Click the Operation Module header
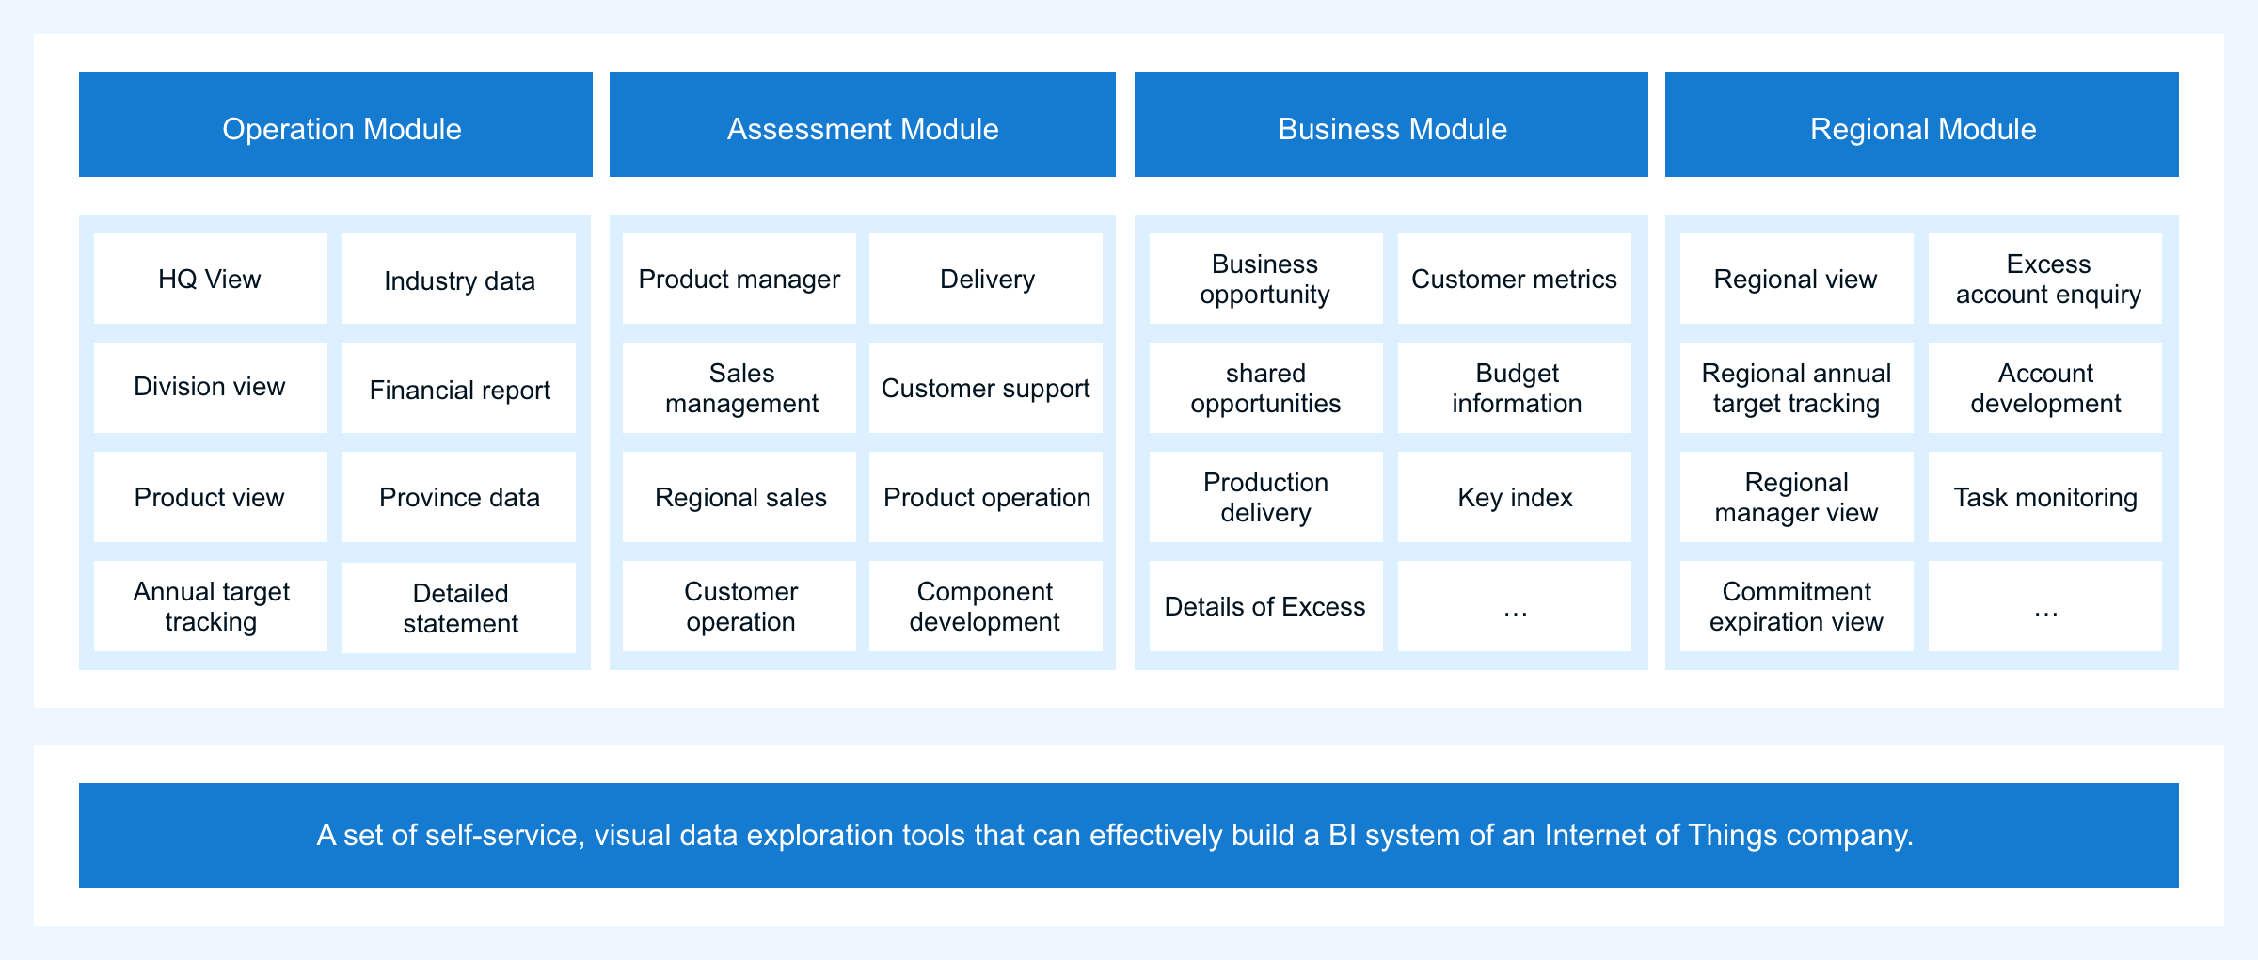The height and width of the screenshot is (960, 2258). [336, 124]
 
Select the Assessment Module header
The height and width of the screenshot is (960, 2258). [863, 124]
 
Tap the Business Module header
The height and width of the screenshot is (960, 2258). [1391, 124]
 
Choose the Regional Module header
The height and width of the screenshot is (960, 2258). [1922, 124]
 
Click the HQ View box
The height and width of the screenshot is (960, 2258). [211, 279]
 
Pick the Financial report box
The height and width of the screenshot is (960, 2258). [459, 388]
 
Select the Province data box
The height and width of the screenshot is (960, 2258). [459, 497]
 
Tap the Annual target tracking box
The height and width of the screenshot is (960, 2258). [211, 606]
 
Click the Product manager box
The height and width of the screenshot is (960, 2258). [739, 279]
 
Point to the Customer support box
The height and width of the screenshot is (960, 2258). [986, 388]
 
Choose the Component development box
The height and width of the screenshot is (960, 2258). [986, 606]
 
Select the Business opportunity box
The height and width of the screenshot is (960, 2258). [1266, 279]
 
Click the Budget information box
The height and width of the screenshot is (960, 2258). [1515, 388]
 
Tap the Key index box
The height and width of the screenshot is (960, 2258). [1515, 497]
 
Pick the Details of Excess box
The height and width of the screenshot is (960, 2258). [1266, 606]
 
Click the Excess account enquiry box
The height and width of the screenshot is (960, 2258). [2045, 279]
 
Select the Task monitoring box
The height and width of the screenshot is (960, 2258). [2045, 497]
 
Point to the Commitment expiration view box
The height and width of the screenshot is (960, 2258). [1797, 606]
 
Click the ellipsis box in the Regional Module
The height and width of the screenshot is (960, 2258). [2045, 606]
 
